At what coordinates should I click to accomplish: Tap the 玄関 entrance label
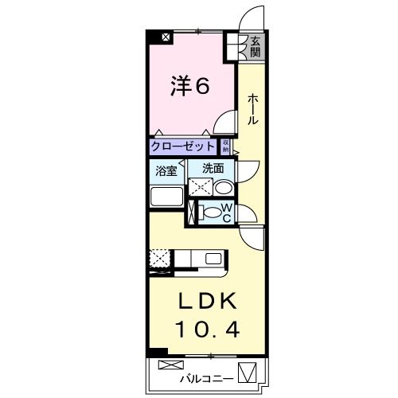coord(255,47)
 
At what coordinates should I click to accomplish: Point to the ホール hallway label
coord(252,109)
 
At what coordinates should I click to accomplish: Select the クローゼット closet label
coord(183,146)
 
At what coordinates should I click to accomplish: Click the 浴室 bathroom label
coord(166,169)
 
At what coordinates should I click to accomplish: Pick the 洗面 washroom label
coord(212,168)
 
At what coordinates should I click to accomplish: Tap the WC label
coord(226,213)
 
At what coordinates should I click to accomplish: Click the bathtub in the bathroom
coord(166,198)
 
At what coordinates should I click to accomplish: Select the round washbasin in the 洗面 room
coord(223,188)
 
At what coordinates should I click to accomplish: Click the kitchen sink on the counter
coord(214,259)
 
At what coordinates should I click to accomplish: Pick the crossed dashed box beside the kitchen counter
coord(158,259)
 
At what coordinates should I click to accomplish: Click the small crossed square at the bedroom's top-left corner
coord(166,37)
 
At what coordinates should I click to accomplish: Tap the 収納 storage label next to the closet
coord(225,146)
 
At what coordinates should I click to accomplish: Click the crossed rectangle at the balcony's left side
coord(170,365)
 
